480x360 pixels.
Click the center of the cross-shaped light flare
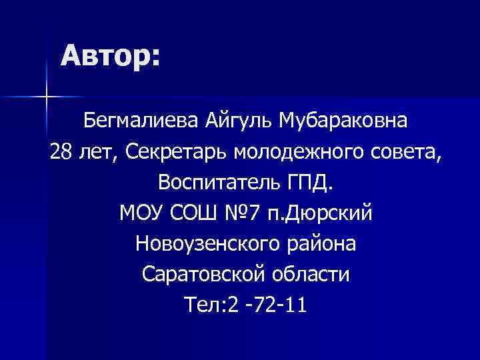(46, 97)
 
